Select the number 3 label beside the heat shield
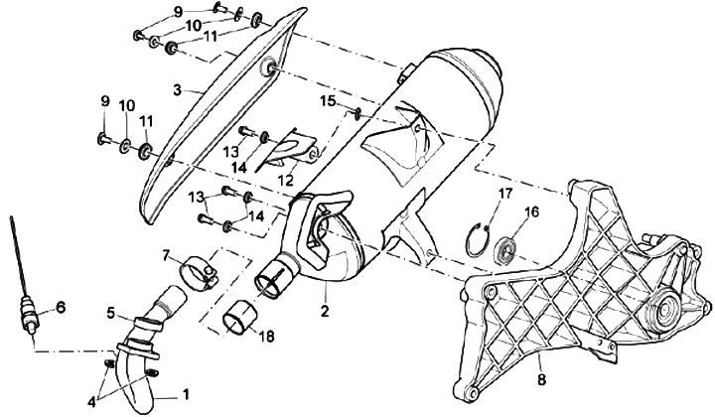coord(176,88)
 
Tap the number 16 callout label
coord(532,211)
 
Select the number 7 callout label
coord(166,254)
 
